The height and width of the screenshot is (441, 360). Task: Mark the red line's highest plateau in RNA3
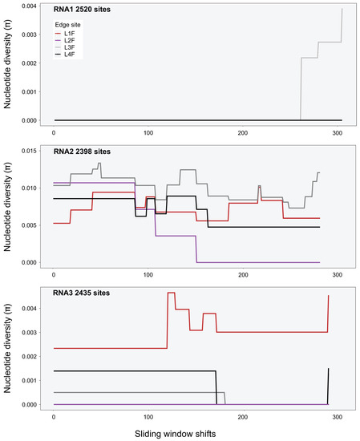(x=171, y=293)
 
